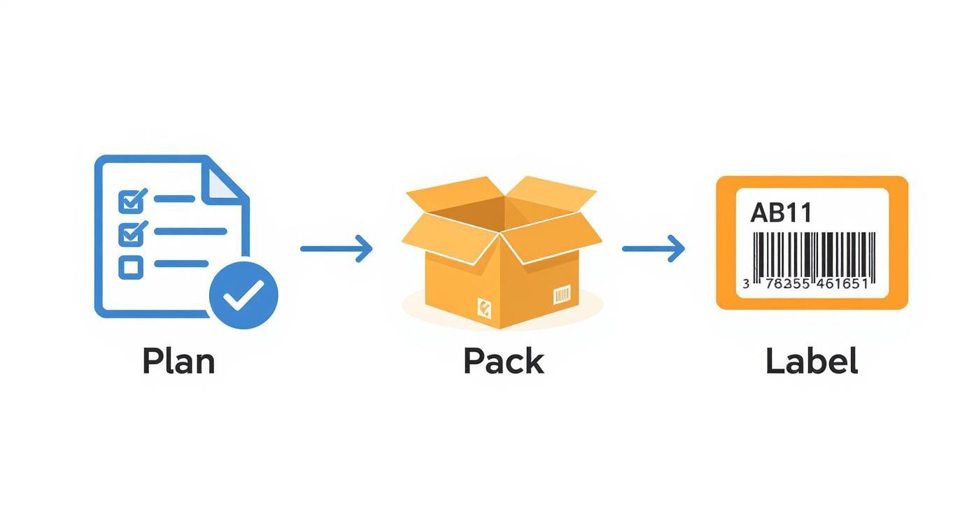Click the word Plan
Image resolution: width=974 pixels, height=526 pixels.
coord(178,361)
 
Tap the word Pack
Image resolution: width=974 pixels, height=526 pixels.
coord(503,361)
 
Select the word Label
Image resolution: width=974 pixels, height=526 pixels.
coord(812,361)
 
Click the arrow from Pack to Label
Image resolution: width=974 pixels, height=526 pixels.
coord(653,248)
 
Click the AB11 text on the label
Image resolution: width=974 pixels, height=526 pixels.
coord(781,213)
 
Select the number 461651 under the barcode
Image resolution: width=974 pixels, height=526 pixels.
coord(837,284)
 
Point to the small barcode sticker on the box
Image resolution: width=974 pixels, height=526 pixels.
coord(562,295)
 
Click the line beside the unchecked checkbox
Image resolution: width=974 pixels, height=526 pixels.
coord(181,264)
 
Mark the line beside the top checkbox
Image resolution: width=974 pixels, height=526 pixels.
coord(174,199)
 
